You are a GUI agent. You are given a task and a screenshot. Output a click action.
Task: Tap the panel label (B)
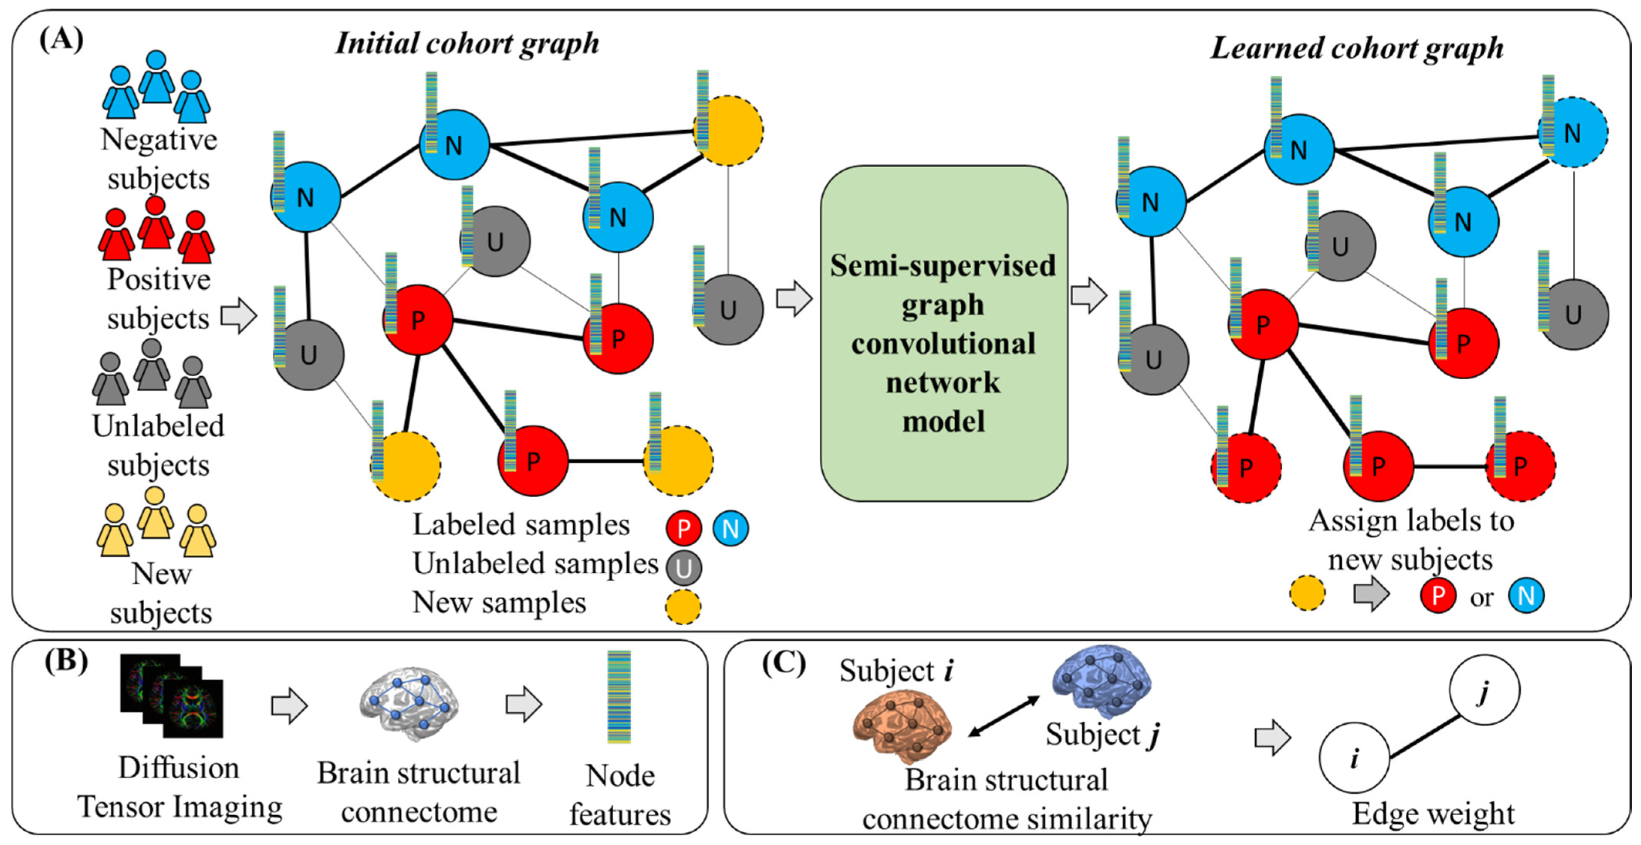coord(66,662)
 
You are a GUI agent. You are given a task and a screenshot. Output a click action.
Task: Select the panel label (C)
coord(783,663)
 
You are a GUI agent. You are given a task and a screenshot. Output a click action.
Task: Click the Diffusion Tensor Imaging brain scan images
coord(172,695)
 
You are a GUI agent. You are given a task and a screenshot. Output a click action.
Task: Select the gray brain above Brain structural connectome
coord(409,702)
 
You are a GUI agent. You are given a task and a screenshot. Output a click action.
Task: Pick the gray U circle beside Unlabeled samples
coord(684,567)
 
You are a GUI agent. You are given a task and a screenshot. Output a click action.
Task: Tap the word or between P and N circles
coord(1482,597)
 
